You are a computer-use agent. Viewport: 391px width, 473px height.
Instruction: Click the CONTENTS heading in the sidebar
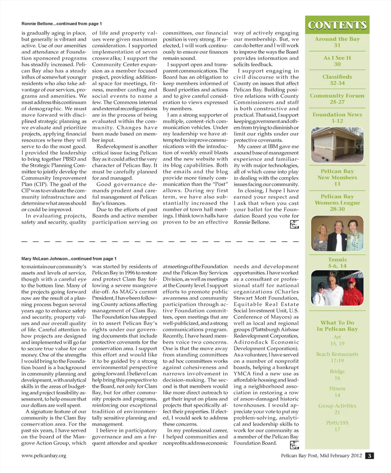point(337,25)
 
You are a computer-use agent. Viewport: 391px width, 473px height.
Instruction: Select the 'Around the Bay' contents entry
point(337,42)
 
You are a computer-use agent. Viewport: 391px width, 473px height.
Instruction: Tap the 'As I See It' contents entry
point(337,61)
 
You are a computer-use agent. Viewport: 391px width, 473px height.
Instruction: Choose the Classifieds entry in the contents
point(337,79)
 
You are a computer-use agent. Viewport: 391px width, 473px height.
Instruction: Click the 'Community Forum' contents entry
point(337,99)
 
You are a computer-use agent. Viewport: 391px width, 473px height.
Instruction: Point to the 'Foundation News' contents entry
point(337,118)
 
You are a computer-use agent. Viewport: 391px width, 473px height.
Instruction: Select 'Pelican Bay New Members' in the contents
point(337,178)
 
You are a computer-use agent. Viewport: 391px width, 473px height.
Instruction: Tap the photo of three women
point(337,233)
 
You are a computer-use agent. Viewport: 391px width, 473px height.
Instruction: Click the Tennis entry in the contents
point(337,262)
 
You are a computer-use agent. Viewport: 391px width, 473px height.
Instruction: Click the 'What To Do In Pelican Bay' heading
point(337,326)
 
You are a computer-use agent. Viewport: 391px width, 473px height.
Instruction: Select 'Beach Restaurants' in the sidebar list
point(337,357)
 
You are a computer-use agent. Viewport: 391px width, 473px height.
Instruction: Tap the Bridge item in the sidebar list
point(337,374)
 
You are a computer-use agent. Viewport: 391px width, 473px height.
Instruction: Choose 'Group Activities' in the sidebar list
point(337,409)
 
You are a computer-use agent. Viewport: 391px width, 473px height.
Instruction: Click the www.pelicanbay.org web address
point(44,455)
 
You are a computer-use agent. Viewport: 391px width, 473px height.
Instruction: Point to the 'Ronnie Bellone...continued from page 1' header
point(62,24)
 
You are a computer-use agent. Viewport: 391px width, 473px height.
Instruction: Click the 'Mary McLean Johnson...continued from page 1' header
point(69,259)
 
